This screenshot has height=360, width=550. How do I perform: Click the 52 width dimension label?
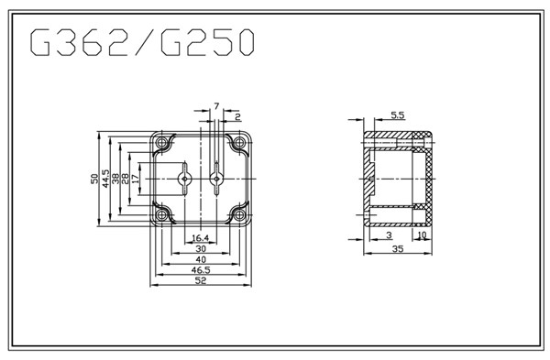tap(200, 280)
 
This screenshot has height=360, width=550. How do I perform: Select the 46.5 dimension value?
tap(200, 269)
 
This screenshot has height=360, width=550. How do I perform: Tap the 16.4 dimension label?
tap(200, 238)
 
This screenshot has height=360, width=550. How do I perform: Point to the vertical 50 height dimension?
tap(94, 179)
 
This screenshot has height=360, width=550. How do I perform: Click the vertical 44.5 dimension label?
tap(105, 179)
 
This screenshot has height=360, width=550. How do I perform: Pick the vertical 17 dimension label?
tap(135, 179)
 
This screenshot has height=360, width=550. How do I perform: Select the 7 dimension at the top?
tap(216, 106)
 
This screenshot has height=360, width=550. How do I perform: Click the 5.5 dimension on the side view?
tap(398, 115)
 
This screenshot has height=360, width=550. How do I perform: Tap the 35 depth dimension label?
tap(398, 248)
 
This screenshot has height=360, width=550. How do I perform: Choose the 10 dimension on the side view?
tap(422, 235)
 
